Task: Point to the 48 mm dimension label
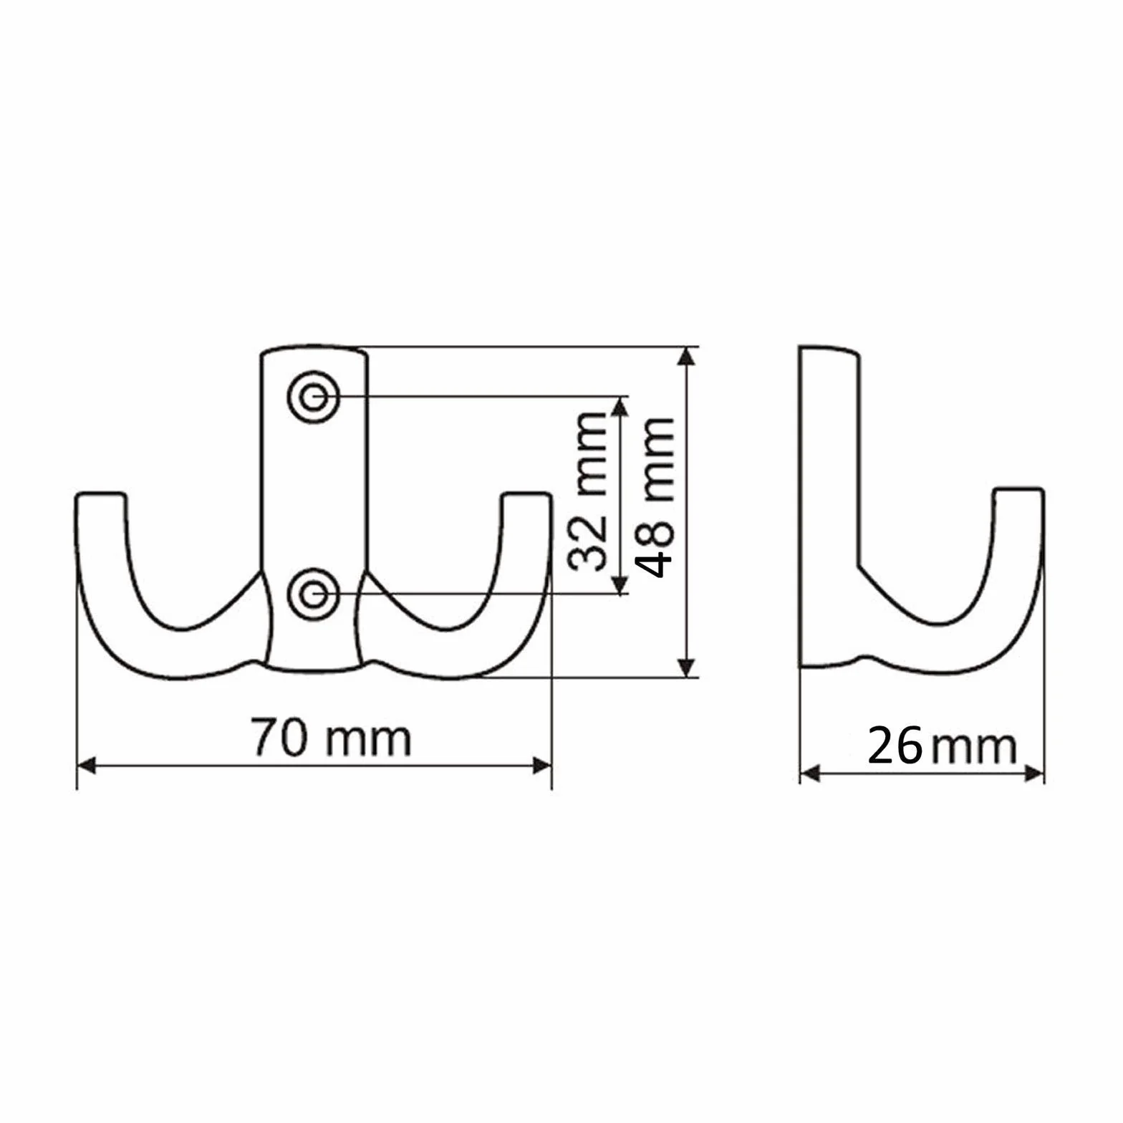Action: (655, 497)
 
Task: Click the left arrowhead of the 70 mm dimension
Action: (87, 766)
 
